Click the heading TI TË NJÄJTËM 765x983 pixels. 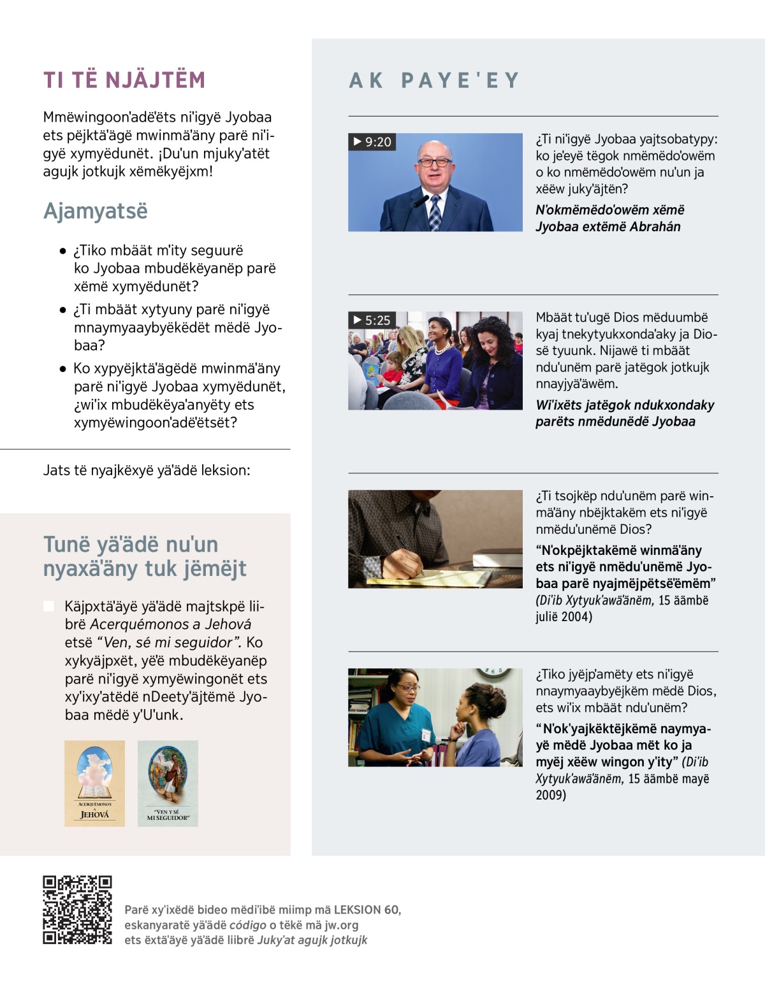[x=124, y=80]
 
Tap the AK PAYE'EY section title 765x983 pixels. [x=435, y=80]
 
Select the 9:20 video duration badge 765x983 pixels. [x=372, y=142]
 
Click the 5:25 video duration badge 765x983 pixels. [x=372, y=320]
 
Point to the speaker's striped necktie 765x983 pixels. [x=435, y=213]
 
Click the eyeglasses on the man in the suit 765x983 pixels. [x=435, y=162]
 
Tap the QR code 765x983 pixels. [x=77, y=910]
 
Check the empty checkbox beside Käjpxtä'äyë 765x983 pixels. [x=48, y=606]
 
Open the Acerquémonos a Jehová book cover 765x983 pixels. [x=94, y=784]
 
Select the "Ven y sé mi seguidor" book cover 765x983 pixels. [x=168, y=784]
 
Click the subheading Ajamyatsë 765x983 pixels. [x=96, y=211]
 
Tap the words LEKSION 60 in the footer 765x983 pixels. [x=367, y=910]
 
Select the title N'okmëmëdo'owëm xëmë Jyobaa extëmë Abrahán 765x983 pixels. [x=609, y=219]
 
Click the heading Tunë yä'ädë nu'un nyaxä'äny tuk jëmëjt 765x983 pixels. [x=145, y=556]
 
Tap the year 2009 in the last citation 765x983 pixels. [x=550, y=795]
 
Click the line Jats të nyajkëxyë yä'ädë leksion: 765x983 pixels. [x=147, y=471]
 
